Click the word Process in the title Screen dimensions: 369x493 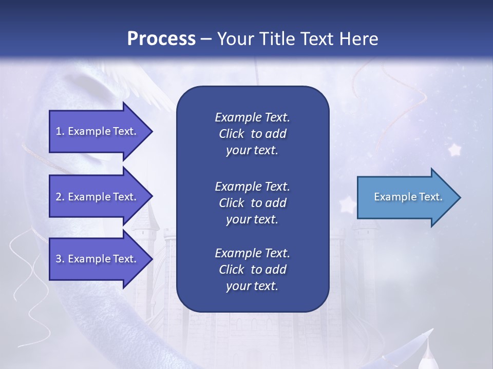[x=161, y=39]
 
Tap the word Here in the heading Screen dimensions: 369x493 [x=359, y=39]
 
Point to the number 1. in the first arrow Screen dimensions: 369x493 [x=60, y=131]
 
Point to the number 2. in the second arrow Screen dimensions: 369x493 [x=60, y=197]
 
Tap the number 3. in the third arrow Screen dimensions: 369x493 [x=60, y=259]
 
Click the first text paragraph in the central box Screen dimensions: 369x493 [x=252, y=134]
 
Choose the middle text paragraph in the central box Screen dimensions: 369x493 [x=252, y=202]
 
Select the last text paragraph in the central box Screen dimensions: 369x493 [x=252, y=270]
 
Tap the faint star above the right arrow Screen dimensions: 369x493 [x=454, y=150]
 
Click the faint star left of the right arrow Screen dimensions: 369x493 [x=347, y=205]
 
